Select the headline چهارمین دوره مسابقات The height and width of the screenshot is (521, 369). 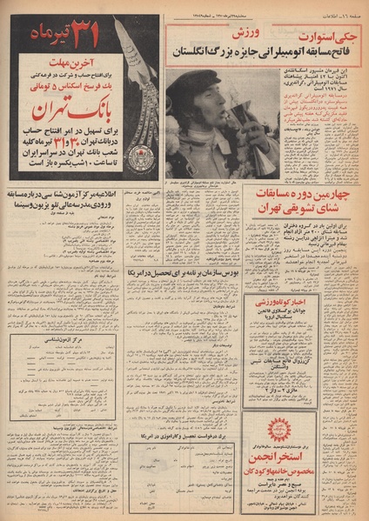(x=310, y=196)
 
